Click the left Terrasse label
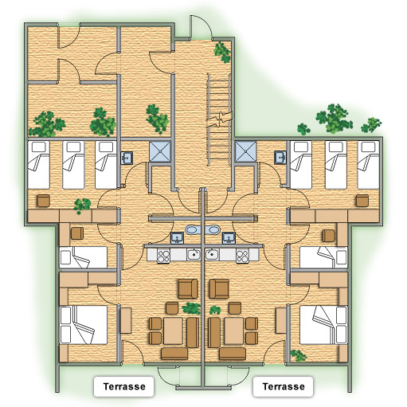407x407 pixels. pyautogui.click(x=124, y=386)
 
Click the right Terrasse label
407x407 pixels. pyautogui.click(x=284, y=386)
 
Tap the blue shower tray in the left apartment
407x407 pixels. pyautogui.click(x=159, y=151)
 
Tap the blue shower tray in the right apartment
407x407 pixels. pyautogui.click(x=246, y=151)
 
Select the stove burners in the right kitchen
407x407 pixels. pyautogui.click(x=242, y=256)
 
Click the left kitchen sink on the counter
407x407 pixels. pyautogui.click(x=194, y=255)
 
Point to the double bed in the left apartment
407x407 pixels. pyautogui.click(x=84, y=325)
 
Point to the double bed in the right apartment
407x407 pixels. pyautogui.click(x=323, y=325)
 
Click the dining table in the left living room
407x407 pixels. pyautogui.click(x=173, y=331)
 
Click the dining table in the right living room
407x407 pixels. pyautogui.click(x=234, y=331)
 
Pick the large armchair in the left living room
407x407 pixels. pyautogui.click(x=188, y=288)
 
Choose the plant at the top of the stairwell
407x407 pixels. pyautogui.click(x=222, y=53)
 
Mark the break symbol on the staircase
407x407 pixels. pyautogui.click(x=219, y=119)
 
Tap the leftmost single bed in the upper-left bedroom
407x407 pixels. pyautogui.click(x=38, y=165)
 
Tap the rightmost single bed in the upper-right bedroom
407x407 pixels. pyautogui.click(x=368, y=165)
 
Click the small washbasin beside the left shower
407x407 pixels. pyautogui.click(x=127, y=158)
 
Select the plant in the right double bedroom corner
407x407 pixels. pyautogui.click(x=298, y=355)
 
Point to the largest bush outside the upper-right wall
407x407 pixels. pyautogui.click(x=334, y=119)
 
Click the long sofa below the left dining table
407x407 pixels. pyautogui.click(x=174, y=354)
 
